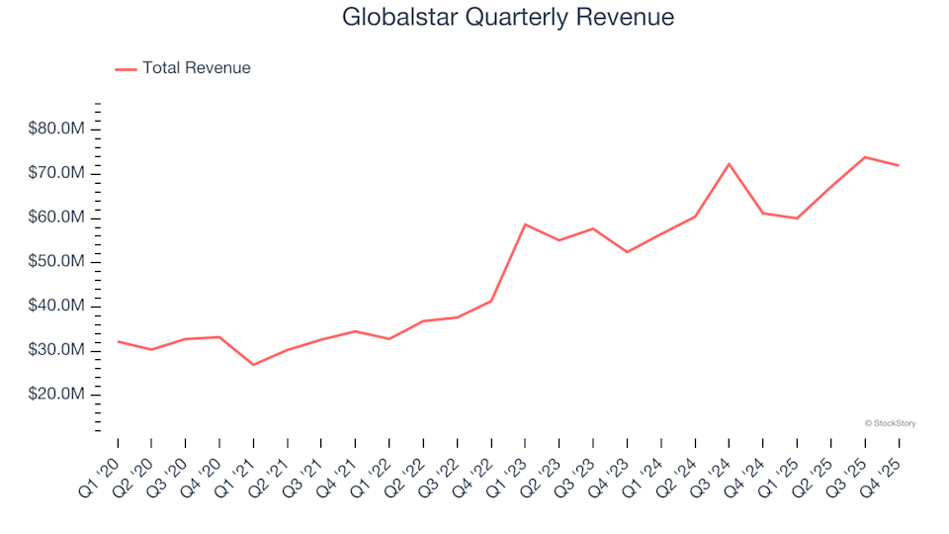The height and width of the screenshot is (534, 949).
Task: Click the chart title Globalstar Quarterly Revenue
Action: pos(508,17)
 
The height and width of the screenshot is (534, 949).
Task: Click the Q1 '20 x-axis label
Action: pos(103,467)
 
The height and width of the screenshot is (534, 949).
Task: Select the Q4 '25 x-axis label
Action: pos(883,467)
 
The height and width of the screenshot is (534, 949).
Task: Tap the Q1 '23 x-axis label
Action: pos(510,467)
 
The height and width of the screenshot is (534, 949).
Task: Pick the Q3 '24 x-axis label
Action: pos(714,467)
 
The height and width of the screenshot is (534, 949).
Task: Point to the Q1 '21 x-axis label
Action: pos(238,467)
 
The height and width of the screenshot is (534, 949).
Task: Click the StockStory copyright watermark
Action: pos(890,423)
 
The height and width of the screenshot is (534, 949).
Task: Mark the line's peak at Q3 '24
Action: pos(729,164)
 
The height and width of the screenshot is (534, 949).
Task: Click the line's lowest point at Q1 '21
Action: pos(253,365)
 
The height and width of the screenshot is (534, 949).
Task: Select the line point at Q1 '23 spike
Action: pos(525,224)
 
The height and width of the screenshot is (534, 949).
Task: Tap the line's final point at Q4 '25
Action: pos(898,165)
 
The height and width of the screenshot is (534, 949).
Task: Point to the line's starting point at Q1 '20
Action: pos(118,341)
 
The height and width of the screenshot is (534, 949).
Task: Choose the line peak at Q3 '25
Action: pos(864,157)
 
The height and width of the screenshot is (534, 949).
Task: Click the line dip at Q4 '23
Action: pos(627,252)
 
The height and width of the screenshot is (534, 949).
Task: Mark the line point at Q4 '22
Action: pos(491,301)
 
